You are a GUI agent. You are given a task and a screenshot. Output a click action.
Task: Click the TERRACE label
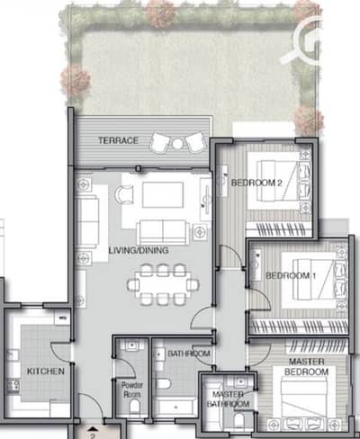[118, 140]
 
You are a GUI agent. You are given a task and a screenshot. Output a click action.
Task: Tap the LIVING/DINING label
[139, 250]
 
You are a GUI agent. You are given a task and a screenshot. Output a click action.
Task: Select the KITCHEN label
[46, 372]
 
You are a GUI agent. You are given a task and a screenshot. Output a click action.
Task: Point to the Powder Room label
[132, 390]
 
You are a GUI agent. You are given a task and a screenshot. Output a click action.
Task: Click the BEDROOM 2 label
[256, 183]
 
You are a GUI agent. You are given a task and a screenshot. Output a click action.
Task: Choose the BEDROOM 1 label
[291, 275]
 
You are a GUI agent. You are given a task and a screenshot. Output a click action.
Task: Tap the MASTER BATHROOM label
[228, 399]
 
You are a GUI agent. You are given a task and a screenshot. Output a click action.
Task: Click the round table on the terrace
[177, 144]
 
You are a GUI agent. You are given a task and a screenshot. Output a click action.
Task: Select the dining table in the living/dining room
[163, 284]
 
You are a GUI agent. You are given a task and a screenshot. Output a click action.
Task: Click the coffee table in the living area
[163, 194]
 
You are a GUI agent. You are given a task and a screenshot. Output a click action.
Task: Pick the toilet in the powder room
[135, 407]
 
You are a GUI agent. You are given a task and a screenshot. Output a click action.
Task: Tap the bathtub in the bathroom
[175, 408]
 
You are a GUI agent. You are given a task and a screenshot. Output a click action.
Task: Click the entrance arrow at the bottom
[94, 428]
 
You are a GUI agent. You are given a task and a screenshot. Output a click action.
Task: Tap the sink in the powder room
[131, 345]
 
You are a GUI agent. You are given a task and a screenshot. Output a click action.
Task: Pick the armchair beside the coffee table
[123, 194]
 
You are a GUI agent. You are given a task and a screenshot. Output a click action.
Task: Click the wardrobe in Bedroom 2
[278, 229]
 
